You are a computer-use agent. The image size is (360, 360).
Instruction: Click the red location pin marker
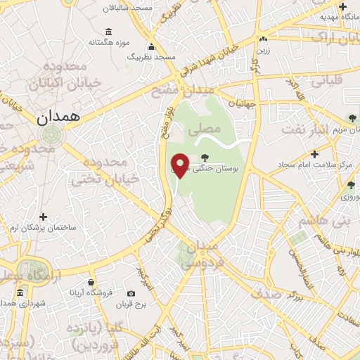coord(181,165)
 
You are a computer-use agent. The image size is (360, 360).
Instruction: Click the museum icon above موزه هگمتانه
coord(108,32)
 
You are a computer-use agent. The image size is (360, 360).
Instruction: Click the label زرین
coord(263,50)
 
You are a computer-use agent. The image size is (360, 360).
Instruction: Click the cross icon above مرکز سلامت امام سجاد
coord(314,153)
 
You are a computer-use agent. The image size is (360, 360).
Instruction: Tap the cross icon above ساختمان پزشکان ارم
coord(44,217)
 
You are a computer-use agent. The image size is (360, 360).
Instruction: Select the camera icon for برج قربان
coord(131,294)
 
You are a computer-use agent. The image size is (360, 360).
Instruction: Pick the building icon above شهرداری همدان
coord(20,292)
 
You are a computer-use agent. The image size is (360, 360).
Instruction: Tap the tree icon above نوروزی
coord(351,185)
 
